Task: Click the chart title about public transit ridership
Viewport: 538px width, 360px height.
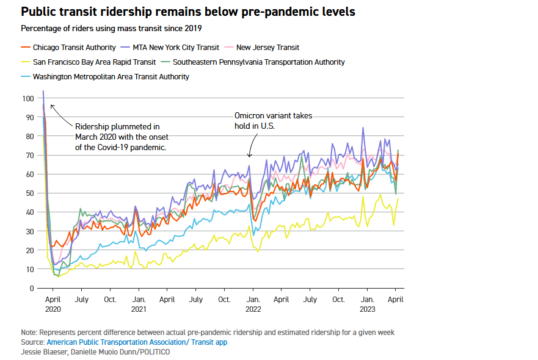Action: point(188,12)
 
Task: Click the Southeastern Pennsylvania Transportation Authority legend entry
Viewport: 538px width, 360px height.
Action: point(258,62)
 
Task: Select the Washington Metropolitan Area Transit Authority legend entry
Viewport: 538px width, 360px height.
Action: point(111,77)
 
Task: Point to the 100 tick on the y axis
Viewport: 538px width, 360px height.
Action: point(28,98)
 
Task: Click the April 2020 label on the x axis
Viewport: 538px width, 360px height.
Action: point(53,304)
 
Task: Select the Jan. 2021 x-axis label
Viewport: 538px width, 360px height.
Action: point(139,304)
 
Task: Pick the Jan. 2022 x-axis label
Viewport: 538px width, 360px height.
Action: point(252,304)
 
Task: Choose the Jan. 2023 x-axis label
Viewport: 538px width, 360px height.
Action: point(367,304)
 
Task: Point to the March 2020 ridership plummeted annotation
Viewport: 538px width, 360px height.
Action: point(121,136)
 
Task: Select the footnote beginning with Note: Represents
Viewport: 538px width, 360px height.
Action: point(208,332)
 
